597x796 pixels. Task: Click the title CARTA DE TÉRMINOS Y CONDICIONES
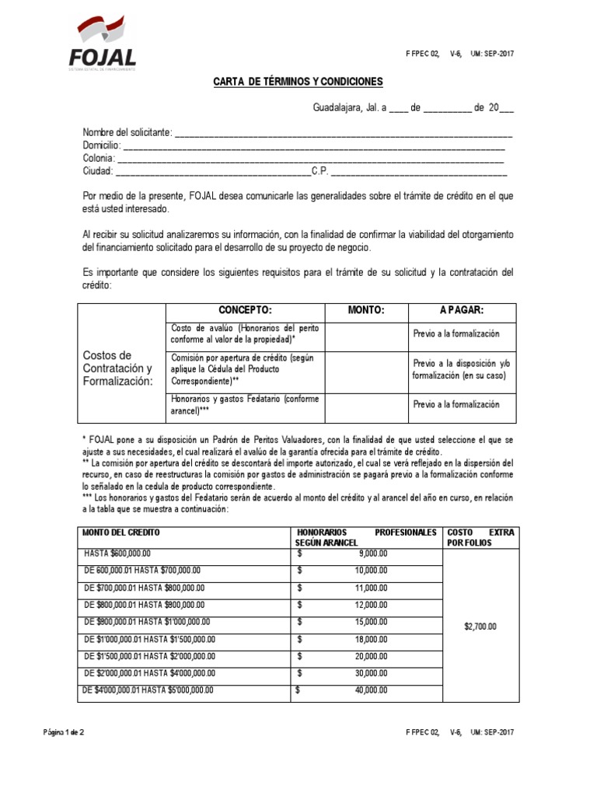click(x=298, y=82)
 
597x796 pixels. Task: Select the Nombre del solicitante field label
click(x=128, y=132)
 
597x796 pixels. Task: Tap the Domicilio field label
click(x=101, y=145)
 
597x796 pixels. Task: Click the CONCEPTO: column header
click(x=245, y=309)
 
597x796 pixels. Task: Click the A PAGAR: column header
click(x=462, y=309)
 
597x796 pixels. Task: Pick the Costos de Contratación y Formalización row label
click(x=118, y=368)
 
